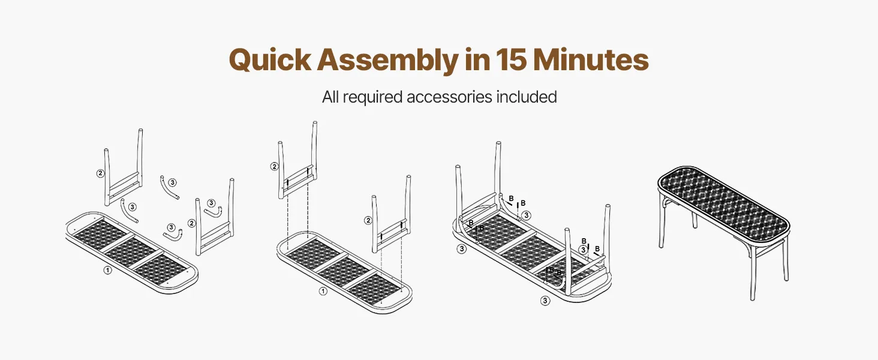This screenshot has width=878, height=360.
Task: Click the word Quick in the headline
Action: [270, 60]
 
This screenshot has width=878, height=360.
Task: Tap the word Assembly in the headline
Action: [387, 61]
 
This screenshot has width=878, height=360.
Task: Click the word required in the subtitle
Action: [373, 98]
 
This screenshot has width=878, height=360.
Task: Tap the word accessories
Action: [449, 97]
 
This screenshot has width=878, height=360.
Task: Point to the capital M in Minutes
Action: [548, 60]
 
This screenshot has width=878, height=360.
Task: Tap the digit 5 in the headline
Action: [518, 60]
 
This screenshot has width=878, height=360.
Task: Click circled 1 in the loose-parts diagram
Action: [107, 270]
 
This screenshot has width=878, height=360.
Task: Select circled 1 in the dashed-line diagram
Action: [323, 292]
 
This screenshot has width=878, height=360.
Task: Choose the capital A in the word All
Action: [327, 97]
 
